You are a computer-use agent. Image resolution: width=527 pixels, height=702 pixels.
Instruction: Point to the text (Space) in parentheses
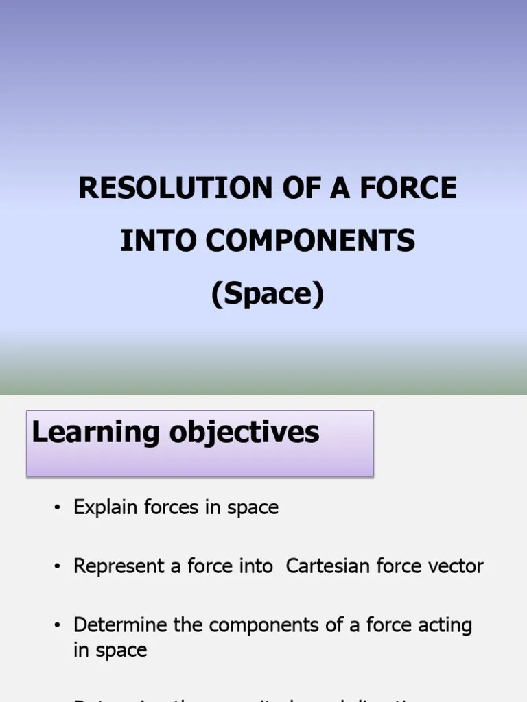point(267,294)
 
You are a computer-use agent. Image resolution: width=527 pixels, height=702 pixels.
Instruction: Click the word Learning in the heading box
point(86,433)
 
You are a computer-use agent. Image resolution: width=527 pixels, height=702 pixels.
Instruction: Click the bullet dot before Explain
point(58,508)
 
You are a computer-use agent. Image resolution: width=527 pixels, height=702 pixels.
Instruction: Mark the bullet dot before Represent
point(58,567)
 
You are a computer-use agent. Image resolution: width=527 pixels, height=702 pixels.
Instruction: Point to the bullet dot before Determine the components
point(58,626)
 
